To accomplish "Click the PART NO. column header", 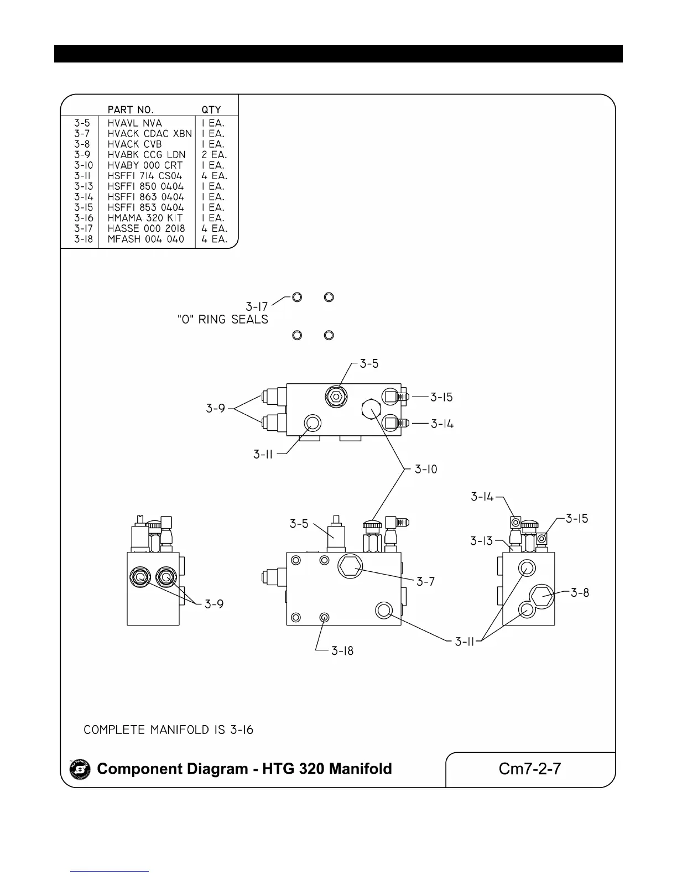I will click(131, 109).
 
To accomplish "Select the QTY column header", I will click(211, 109).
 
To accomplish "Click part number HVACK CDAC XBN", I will click(149, 134).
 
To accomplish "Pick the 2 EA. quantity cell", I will click(214, 155).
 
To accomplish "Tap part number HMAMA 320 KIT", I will click(145, 218).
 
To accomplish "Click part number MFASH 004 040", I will click(145, 239).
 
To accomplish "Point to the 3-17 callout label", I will click(257, 306).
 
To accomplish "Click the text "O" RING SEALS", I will click(222, 320).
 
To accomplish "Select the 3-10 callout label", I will click(426, 470).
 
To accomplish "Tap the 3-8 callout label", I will click(580, 593).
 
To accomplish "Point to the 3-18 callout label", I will click(342, 651).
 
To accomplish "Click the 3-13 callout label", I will click(482, 541).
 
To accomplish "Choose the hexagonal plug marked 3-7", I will click(350, 566).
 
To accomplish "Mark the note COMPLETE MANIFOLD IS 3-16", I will click(168, 730).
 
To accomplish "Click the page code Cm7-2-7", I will click(530, 769).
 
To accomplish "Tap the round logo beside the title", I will click(80, 769).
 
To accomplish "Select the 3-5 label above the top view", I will click(369, 364).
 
